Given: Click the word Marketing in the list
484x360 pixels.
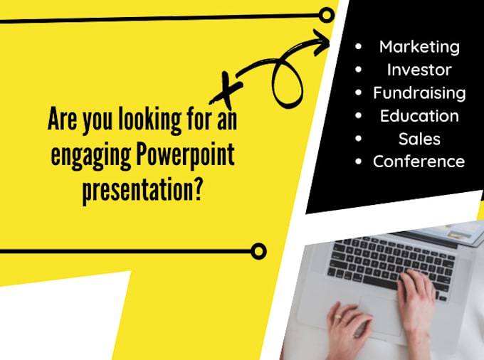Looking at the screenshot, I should [419, 47].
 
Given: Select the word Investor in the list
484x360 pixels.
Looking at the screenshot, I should [419, 70].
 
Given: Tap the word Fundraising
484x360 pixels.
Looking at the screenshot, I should [419, 92].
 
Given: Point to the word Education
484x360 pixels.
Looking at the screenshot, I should [419, 115].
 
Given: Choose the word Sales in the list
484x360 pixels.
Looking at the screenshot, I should [419, 138].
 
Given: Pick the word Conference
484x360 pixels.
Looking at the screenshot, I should [419, 161].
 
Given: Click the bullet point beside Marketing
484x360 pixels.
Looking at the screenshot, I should [358, 47].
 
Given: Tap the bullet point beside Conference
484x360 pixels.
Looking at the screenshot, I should [358, 161].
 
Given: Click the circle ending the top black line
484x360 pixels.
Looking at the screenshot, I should [327, 14].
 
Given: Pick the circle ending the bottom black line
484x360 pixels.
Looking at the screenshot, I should [259, 250].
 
